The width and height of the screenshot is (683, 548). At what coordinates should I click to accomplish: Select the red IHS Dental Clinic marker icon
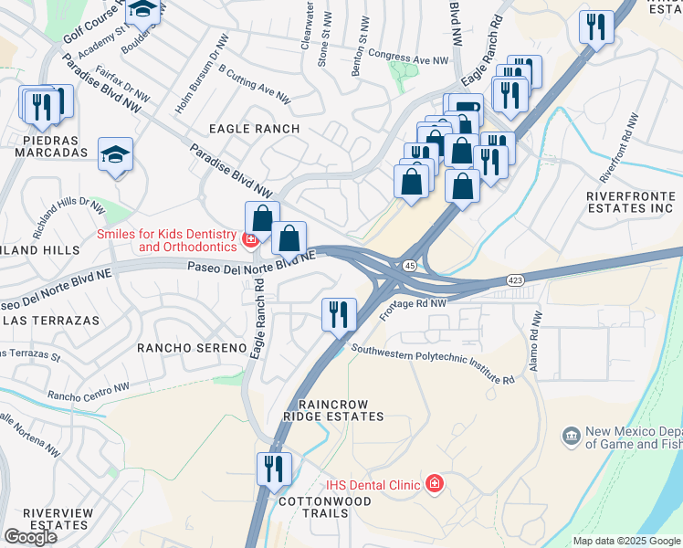[x=435, y=484]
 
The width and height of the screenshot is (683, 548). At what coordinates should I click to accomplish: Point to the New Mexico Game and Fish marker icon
[x=572, y=436]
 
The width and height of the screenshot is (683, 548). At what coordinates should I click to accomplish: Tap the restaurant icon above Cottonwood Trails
[x=274, y=470]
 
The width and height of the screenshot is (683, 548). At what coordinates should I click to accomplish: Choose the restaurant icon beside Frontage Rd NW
[x=339, y=315]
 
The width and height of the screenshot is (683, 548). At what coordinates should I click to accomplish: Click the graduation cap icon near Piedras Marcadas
[x=116, y=155]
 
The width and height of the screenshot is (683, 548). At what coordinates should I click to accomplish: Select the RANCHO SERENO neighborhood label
[x=192, y=348]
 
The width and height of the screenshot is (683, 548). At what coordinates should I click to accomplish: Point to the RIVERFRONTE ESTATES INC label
[x=630, y=202]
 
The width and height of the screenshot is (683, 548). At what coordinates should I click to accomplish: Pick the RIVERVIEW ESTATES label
[x=58, y=519]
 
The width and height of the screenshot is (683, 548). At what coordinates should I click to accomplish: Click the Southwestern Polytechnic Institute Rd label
[x=434, y=363]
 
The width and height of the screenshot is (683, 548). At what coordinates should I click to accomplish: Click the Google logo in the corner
[x=30, y=536]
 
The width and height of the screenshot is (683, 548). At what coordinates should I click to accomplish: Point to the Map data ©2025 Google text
[x=626, y=541]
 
